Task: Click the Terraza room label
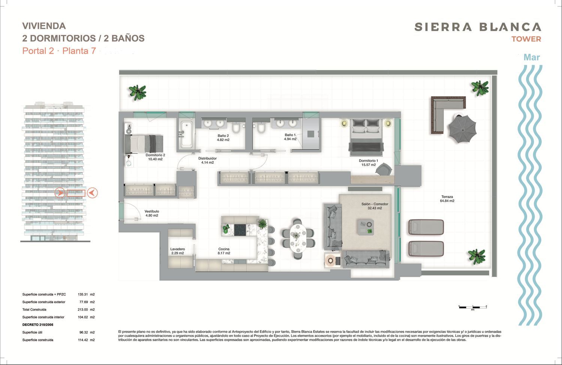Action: click(447, 199)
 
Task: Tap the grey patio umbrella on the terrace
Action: click(462, 129)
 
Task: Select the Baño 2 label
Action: click(223, 138)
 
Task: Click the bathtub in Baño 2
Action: click(186, 134)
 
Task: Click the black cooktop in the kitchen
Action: click(240, 230)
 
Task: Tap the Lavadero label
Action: click(178, 251)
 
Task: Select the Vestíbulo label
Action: click(152, 213)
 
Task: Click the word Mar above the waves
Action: click(532, 57)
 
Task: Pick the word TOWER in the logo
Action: click(526, 39)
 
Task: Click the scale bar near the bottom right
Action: click(473, 307)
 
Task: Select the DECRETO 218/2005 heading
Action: click(37, 324)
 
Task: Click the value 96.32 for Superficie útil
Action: click(84, 332)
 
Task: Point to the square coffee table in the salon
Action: click(366, 227)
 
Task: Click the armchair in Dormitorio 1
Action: click(384, 169)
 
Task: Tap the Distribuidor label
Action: click(208, 161)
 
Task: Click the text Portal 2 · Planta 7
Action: click(59, 51)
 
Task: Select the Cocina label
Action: click(224, 251)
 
